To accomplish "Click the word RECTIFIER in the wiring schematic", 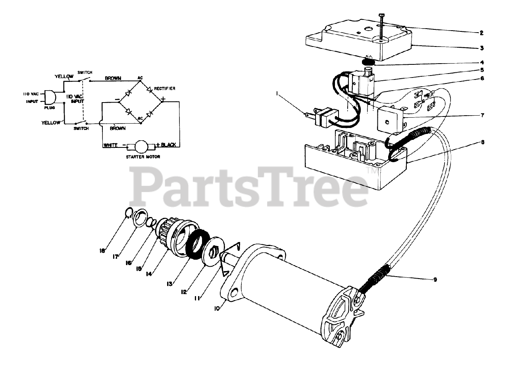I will click(165, 88).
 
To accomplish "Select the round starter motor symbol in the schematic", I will click(140, 146).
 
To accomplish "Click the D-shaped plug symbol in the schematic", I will click(50, 97).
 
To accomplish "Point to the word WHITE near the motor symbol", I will click(111, 145).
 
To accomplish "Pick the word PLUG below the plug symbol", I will click(50, 107).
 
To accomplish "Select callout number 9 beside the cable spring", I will click(435, 279).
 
